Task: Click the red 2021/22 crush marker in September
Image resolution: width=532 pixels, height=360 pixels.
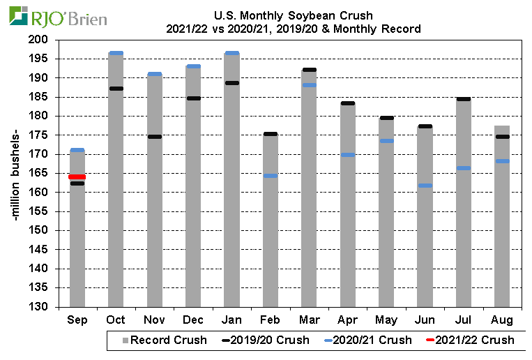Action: point(77,177)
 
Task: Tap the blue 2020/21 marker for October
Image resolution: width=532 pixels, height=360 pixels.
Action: point(116,53)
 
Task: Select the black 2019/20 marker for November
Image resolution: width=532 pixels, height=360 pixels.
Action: point(154,137)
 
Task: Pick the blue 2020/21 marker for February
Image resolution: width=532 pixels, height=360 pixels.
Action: point(270,176)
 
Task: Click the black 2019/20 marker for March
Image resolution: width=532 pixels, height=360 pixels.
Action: point(308,70)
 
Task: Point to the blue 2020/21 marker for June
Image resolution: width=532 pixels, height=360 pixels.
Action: point(424,186)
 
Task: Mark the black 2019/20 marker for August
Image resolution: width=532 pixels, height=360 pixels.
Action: point(501,137)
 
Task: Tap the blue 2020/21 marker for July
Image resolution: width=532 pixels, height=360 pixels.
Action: point(463,168)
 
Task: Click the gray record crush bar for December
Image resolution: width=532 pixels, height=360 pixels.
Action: point(193,209)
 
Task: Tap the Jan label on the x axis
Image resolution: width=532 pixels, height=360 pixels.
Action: point(231,320)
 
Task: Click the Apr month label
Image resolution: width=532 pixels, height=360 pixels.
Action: point(347,320)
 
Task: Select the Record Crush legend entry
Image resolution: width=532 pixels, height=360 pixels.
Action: point(165,340)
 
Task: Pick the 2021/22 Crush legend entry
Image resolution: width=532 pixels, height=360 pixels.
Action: point(470,340)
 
